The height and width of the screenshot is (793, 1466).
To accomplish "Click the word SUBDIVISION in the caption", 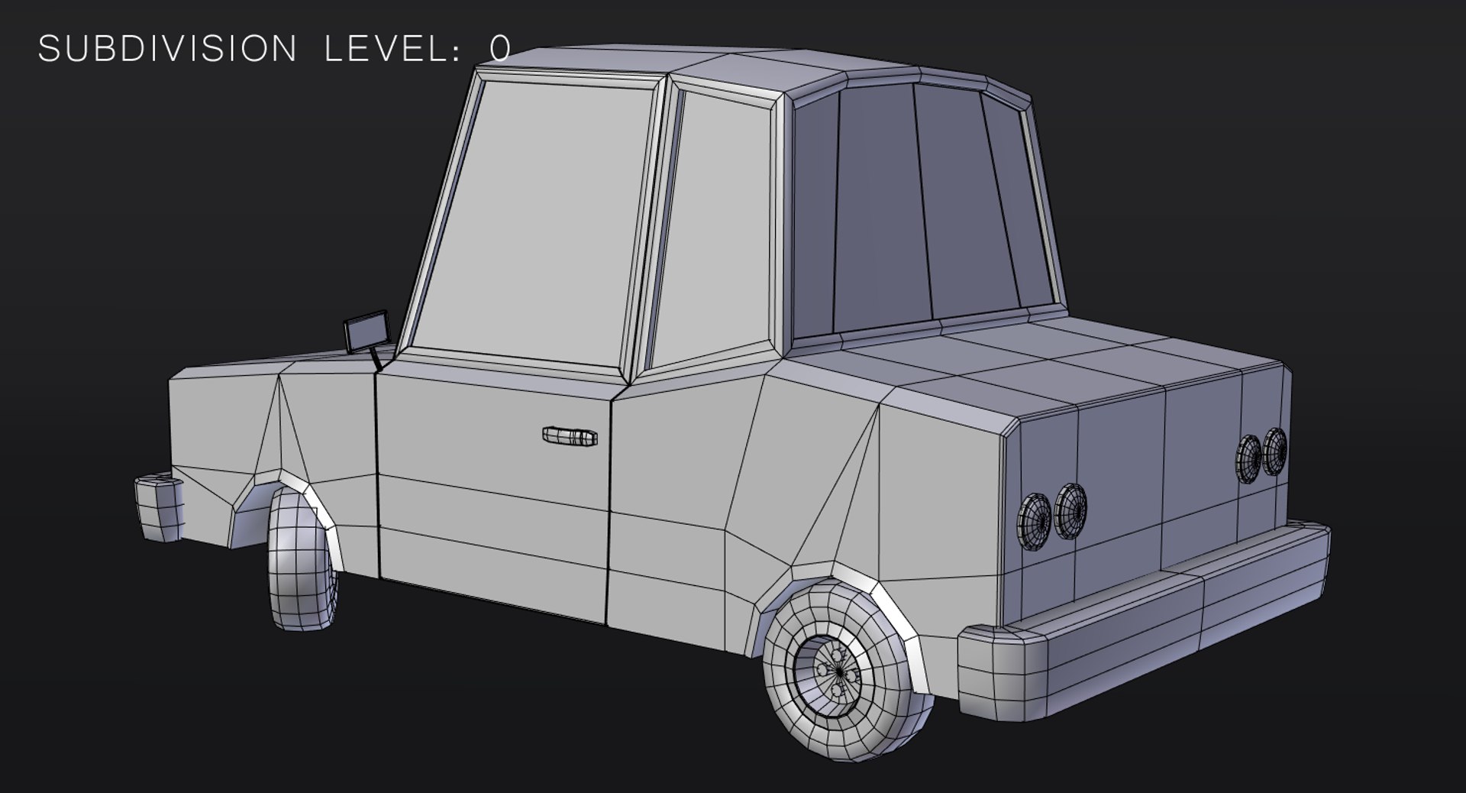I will coord(167,49).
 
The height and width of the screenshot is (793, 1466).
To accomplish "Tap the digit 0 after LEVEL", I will coord(500,49).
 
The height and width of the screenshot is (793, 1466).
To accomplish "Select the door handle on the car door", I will coord(570,436).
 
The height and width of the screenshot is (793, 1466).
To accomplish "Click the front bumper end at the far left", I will coord(159,507).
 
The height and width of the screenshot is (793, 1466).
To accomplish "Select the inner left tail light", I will coord(1070,510).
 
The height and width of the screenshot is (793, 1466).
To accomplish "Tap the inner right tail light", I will coord(1249,458).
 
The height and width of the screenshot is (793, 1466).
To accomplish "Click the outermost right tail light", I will coord(1274,451).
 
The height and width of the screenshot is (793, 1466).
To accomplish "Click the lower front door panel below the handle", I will coord(492,535).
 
